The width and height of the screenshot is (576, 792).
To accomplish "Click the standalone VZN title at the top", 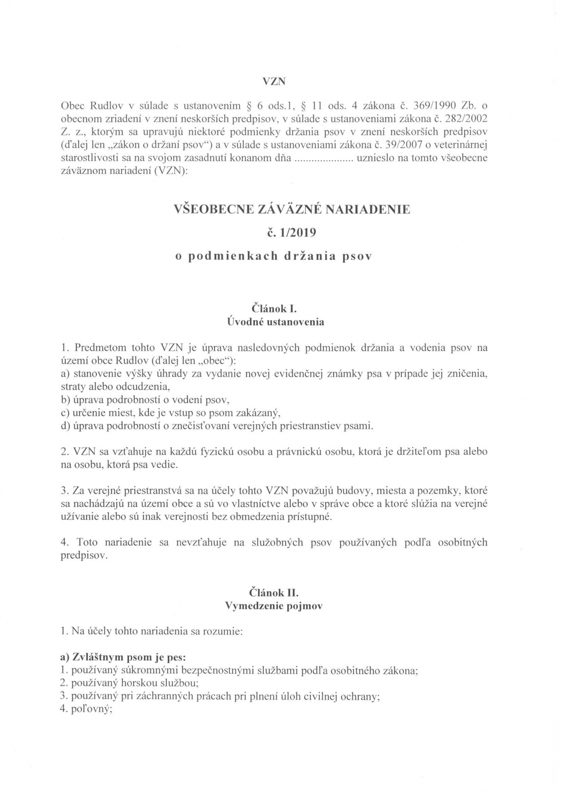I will (x=274, y=82).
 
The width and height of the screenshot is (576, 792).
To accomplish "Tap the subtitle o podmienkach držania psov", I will (x=274, y=256).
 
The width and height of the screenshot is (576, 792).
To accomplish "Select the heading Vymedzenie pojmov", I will (x=274, y=606).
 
